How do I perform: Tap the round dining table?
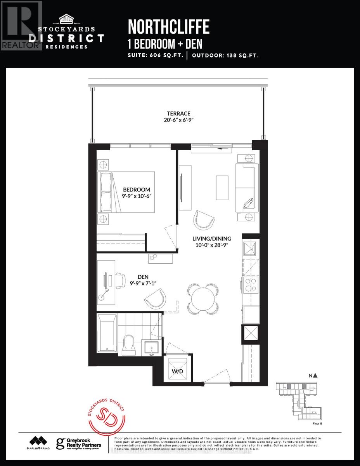pyautogui.click(x=202, y=298)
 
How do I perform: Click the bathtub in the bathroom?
pyautogui.click(x=106, y=335)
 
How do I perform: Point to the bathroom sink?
pyautogui.click(x=152, y=347)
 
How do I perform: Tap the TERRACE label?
pyautogui.click(x=178, y=113)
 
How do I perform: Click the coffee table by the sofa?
pyautogui.click(x=222, y=188)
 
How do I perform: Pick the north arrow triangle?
pyautogui.click(x=315, y=375)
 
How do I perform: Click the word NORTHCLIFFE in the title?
pyautogui.click(x=168, y=27)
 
